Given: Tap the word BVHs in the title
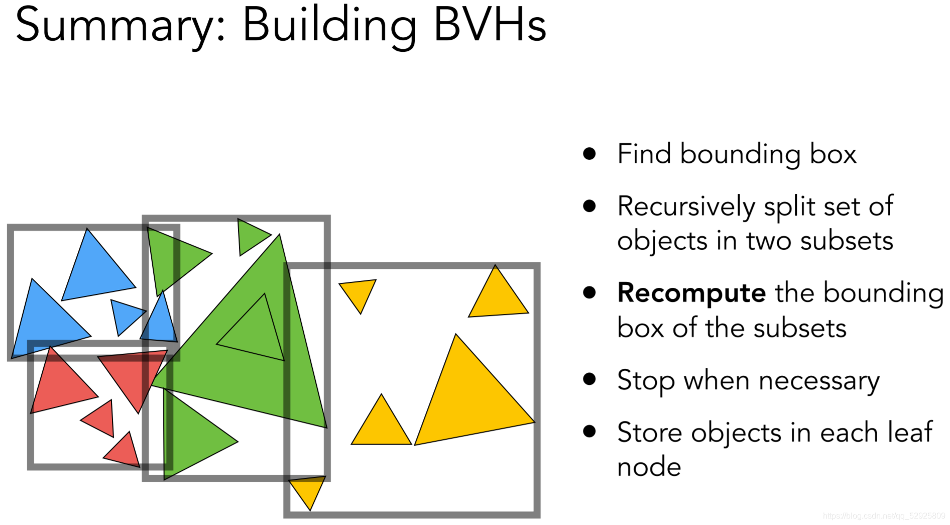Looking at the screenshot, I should pos(490,25).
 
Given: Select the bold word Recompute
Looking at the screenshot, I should pos(691,292).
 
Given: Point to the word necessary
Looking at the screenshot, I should pos(819,381).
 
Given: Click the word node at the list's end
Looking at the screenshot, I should pos(649,467).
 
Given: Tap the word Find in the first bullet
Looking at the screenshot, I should pos(644,154).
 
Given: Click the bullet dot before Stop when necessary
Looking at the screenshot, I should pos(589,379).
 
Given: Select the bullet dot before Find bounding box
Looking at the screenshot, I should pos(589,153).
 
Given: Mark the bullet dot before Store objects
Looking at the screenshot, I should pos(589,431).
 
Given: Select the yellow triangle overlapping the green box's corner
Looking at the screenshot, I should pos(307,490).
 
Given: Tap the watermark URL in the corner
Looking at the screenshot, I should pos(884,516).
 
